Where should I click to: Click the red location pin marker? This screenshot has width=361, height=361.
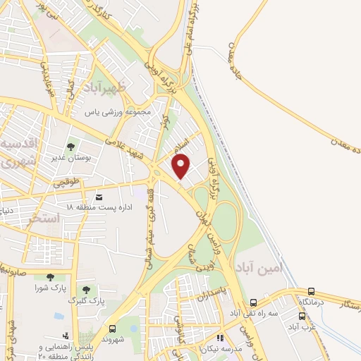(x=182, y=165)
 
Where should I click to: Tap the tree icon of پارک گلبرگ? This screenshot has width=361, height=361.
(x=86, y=289)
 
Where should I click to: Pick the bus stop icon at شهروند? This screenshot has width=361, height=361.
(x=112, y=329)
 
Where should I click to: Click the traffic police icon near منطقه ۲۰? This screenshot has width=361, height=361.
(x=65, y=336)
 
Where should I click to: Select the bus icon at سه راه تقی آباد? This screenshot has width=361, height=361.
(x=233, y=301)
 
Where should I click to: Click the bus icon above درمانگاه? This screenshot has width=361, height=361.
(x=311, y=291)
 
